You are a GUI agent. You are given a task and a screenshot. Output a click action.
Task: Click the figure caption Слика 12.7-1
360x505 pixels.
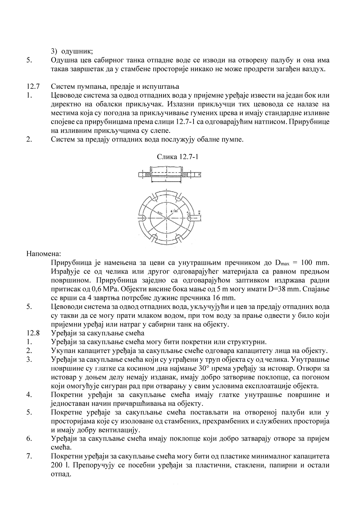tap(177, 157)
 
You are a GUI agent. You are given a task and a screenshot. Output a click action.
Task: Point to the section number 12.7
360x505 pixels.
tap(33, 87)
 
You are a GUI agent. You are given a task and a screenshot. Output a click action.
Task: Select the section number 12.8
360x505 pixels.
tap(33, 333)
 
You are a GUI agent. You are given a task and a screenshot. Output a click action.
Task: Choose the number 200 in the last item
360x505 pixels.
tap(57, 465)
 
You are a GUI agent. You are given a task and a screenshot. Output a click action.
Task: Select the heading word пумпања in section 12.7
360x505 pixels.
tap(89, 87)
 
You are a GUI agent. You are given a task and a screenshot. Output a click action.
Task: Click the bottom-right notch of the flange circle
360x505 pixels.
tap(179, 237)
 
